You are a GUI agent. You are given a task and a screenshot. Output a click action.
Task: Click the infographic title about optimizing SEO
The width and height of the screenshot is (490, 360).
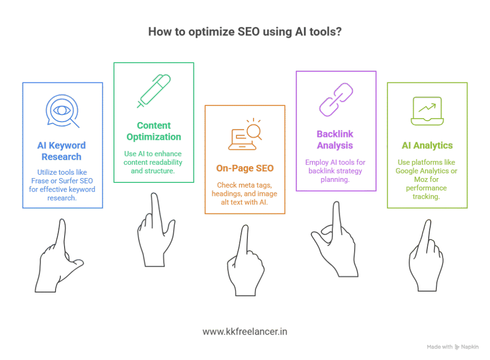[x=245, y=32]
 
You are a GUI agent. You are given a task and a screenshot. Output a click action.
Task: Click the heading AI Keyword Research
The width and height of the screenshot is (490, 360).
[x=62, y=151]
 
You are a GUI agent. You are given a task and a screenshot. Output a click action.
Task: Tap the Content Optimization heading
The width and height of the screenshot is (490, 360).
[x=154, y=131]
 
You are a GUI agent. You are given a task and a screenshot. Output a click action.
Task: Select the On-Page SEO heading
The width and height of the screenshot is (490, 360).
[x=245, y=168]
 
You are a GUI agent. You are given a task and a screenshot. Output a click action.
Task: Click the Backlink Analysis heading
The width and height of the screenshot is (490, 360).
[x=335, y=139]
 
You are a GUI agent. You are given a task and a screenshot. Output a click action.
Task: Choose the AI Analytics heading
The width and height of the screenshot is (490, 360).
[x=427, y=146]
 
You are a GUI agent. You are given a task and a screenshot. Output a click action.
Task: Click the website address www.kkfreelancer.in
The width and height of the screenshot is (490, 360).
[x=245, y=331]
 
